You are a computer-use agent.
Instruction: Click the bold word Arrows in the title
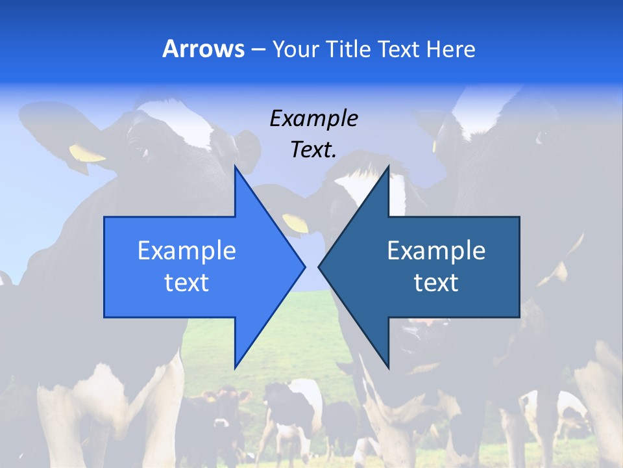click(203, 49)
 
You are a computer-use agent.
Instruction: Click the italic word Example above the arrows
click(314, 118)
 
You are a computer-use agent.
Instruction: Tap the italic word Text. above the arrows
click(314, 149)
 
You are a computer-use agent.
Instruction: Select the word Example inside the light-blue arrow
click(187, 251)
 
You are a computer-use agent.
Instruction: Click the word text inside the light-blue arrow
click(187, 282)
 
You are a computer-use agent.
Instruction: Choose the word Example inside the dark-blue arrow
click(436, 251)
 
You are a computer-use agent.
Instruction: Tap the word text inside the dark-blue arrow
click(436, 282)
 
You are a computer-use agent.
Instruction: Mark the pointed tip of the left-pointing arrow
click(319, 266)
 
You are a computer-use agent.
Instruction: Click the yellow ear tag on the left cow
click(86, 154)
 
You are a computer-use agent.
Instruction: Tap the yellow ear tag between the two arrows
click(296, 223)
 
